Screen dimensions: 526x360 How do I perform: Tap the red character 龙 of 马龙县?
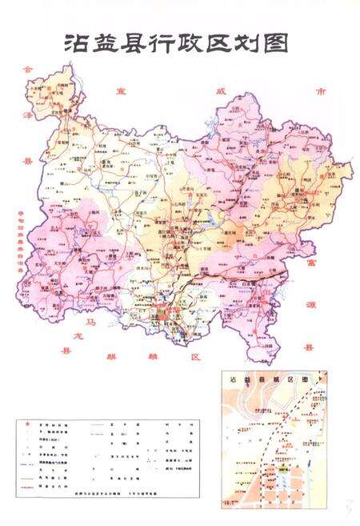coord(74,335)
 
